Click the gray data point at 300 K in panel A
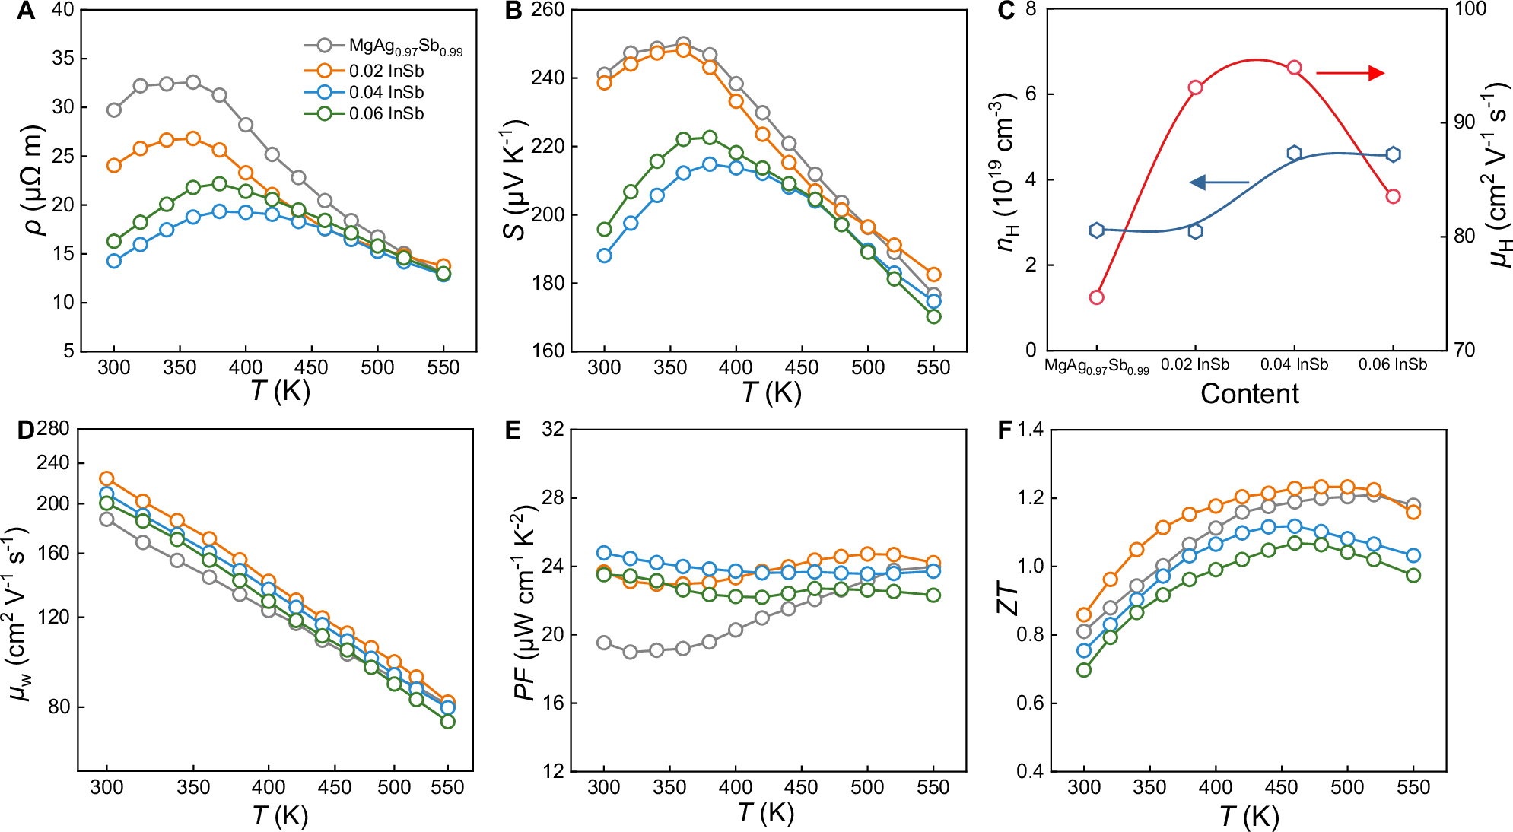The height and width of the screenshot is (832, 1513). click(x=114, y=110)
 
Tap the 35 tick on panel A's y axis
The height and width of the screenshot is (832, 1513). click(x=63, y=59)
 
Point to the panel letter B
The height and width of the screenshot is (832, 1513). click(x=513, y=11)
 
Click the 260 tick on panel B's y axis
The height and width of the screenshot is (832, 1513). click(x=548, y=10)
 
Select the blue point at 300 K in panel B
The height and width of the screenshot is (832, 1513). click(x=605, y=256)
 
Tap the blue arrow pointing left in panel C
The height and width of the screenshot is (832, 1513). click(x=1219, y=183)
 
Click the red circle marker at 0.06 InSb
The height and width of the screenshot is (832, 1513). click(x=1393, y=196)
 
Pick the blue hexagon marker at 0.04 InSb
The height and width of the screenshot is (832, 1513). click(x=1294, y=154)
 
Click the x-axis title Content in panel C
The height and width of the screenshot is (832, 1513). click(x=1250, y=394)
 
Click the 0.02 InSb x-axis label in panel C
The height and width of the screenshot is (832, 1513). click(x=1194, y=365)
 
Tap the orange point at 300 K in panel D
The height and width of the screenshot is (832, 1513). click(x=107, y=479)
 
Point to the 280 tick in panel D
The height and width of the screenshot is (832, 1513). click(x=52, y=429)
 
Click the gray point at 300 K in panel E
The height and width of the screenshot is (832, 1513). click(x=605, y=643)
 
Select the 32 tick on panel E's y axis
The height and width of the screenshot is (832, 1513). click(x=553, y=430)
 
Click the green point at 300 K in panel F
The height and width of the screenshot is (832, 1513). click(x=1084, y=670)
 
